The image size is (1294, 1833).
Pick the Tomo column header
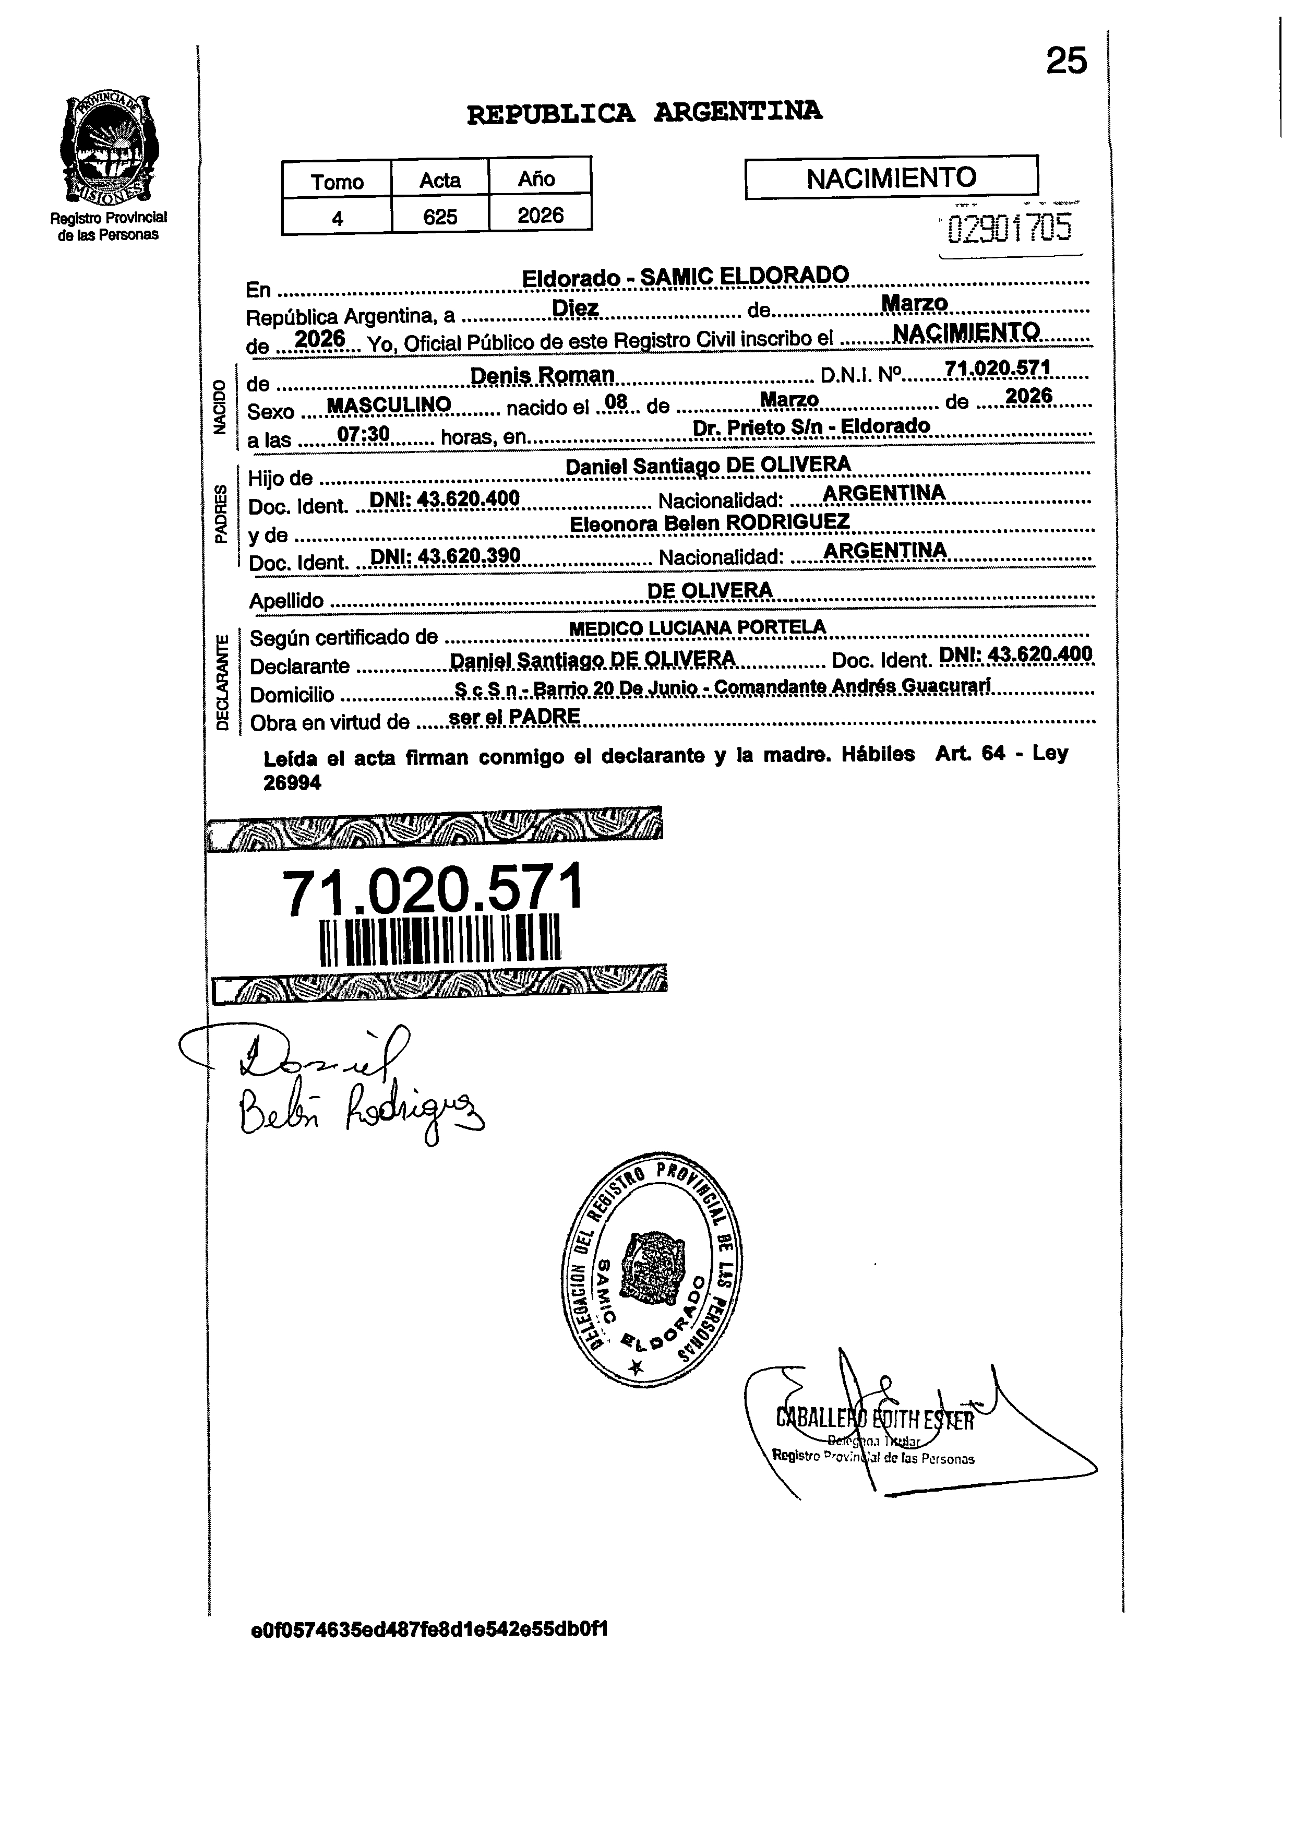(337, 182)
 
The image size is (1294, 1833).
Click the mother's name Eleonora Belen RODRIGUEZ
(709, 523)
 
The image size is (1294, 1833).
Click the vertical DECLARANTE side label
(223, 682)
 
